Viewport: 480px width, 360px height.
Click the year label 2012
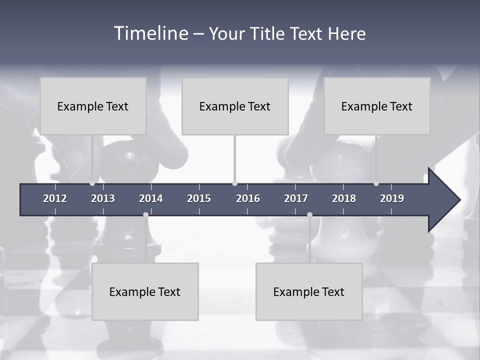(x=55, y=198)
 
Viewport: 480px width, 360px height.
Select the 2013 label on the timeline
(x=103, y=198)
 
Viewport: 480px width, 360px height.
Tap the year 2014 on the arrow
(x=151, y=198)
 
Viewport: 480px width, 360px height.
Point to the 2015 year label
(x=199, y=198)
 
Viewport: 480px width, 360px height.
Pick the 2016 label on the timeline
(x=248, y=198)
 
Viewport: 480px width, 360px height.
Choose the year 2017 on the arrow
(x=296, y=198)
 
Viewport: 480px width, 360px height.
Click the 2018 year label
(x=344, y=198)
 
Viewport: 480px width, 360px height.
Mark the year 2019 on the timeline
(x=392, y=198)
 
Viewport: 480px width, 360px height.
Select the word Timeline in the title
(x=151, y=33)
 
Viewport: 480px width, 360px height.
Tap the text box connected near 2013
(x=93, y=106)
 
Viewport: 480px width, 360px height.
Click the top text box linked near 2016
(x=235, y=106)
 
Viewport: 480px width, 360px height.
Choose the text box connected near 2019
(x=377, y=106)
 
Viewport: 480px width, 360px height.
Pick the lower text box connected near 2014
(x=145, y=291)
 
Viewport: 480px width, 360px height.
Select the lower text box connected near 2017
(x=309, y=291)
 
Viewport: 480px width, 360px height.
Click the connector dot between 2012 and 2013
(x=92, y=183)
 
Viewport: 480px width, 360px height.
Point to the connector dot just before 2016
(x=234, y=183)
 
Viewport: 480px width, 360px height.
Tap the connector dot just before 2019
(x=376, y=183)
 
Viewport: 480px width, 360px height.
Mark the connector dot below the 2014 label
(x=145, y=214)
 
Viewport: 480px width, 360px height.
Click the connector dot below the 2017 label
(x=309, y=214)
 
